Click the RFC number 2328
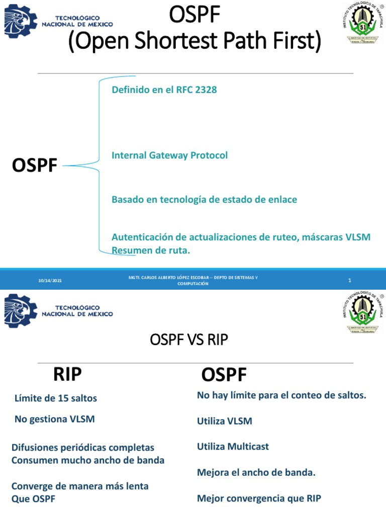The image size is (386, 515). (204, 90)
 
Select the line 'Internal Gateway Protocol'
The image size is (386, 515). (169, 155)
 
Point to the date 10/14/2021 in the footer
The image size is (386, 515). (50, 280)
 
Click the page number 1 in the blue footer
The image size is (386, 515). (349, 280)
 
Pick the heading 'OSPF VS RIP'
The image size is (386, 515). (189, 340)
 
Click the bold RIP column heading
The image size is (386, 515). (67, 374)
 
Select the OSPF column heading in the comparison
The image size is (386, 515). (224, 375)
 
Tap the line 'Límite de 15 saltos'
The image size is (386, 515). (56, 398)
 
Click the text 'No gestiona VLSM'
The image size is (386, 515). (55, 418)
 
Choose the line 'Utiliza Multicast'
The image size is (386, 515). (233, 446)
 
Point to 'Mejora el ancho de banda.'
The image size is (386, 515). (256, 472)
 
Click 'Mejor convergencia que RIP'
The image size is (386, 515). (259, 498)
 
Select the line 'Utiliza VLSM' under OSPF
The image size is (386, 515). (224, 421)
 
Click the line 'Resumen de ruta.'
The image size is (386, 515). (151, 250)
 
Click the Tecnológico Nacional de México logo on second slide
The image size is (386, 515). (58, 311)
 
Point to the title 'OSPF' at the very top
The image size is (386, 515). (195, 16)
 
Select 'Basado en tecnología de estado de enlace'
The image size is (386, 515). (204, 200)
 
